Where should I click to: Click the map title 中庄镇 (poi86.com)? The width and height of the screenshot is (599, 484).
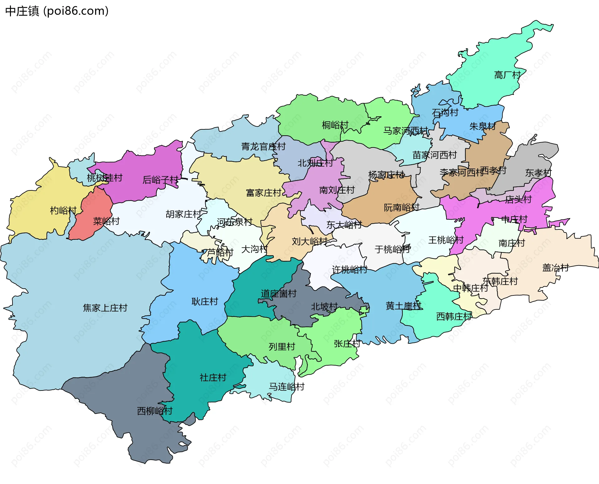tap(57, 11)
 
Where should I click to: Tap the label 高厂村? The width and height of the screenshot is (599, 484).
tap(507, 75)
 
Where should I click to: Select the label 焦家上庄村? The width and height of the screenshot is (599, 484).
tap(105, 308)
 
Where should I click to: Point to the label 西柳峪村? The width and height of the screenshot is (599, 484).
tap(155, 411)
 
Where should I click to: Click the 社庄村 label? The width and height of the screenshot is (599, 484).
tap(213, 378)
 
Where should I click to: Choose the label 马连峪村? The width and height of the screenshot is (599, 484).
tap(287, 387)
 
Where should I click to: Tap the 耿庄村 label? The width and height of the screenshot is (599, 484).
tap(205, 301)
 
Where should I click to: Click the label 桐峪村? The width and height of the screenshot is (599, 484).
tap(335, 125)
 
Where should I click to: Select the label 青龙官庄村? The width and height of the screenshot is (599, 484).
tap(263, 146)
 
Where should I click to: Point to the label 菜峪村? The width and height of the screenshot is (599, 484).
tap(106, 221)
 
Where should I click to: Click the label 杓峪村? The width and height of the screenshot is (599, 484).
tap(63, 211)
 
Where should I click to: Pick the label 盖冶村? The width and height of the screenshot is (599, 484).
tap(556, 268)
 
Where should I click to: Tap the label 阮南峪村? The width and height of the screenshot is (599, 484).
tap(402, 208)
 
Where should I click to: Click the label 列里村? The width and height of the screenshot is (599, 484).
tap(282, 347)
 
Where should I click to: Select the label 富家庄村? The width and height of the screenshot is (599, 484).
tap(264, 193)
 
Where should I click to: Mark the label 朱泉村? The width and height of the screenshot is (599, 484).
tap(483, 126)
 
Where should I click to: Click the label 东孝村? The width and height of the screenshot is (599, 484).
tap(538, 173)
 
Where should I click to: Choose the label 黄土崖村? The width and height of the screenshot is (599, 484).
tap(404, 306)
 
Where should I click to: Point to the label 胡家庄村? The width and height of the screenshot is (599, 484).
tap(183, 214)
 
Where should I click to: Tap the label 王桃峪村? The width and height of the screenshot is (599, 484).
tap(446, 240)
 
